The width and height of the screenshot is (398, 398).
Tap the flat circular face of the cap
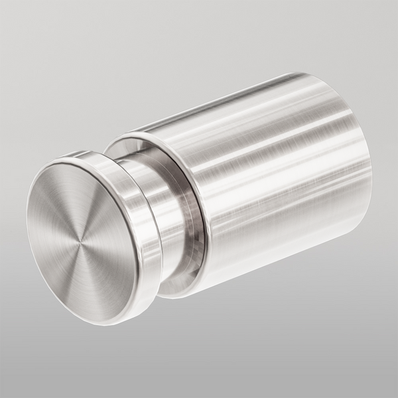(93, 219)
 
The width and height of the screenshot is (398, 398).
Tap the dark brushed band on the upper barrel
(265, 126)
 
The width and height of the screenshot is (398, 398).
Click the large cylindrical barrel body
(279, 192)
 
